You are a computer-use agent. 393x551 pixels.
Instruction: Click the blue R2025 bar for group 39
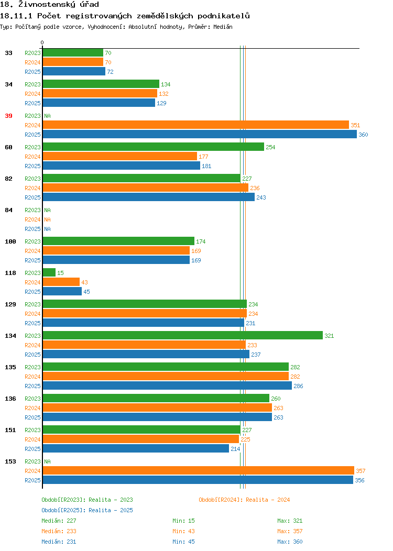point(200,134)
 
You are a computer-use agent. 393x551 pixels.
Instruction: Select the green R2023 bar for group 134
point(183,335)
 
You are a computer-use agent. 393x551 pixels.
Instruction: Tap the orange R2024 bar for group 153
point(199,470)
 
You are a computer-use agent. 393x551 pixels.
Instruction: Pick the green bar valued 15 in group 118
point(49,272)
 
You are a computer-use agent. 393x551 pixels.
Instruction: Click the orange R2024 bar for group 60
point(120,156)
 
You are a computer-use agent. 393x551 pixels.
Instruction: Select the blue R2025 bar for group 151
point(136,448)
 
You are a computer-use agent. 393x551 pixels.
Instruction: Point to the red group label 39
point(8,116)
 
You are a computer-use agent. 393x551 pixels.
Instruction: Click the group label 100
point(10,241)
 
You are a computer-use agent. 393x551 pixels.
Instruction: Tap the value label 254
point(270,147)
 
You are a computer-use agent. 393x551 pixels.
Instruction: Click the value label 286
point(298,386)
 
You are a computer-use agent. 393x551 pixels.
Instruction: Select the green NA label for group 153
point(48,461)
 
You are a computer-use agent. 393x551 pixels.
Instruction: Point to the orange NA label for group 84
point(48,219)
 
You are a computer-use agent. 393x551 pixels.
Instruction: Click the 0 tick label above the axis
point(42,42)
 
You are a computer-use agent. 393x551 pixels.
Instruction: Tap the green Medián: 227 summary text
point(59,521)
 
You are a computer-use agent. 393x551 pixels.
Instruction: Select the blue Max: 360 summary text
point(290,542)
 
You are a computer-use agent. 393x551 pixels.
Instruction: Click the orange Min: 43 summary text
point(183,531)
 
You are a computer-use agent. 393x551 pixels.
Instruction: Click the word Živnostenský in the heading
point(47,5)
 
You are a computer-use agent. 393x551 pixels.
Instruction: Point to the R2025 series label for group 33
point(32,72)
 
